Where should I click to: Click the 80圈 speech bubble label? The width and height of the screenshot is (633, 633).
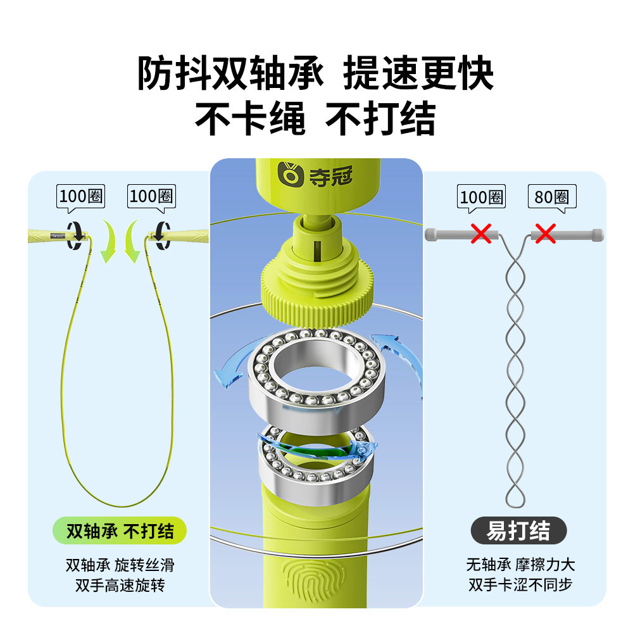(x=552, y=197)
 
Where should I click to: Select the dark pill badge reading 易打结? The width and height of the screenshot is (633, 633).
(x=518, y=531)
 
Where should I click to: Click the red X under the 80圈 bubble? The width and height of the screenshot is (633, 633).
(x=545, y=235)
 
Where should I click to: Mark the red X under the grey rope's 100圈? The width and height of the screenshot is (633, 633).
(x=481, y=234)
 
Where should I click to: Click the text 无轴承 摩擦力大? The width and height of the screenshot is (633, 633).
(x=520, y=565)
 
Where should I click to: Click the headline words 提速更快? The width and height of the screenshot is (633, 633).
(x=418, y=75)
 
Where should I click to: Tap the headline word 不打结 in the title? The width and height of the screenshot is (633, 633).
(x=380, y=118)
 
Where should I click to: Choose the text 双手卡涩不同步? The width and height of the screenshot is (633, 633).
(x=520, y=584)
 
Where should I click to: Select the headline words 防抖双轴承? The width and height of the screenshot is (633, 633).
(x=231, y=75)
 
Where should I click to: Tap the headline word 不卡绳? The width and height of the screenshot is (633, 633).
(x=250, y=118)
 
